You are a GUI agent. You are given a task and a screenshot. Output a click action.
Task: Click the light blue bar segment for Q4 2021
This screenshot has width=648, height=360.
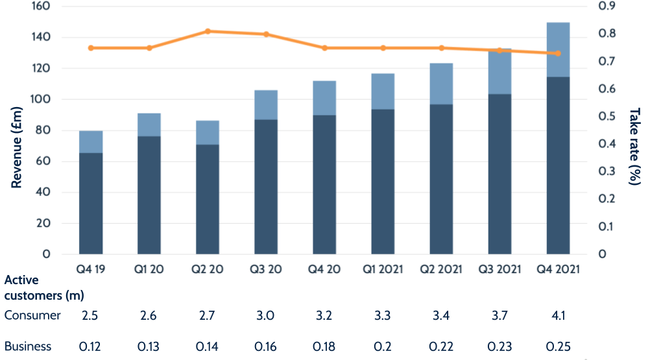[x=558, y=50]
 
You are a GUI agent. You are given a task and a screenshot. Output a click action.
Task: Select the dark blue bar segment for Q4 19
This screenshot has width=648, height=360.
[x=91, y=203]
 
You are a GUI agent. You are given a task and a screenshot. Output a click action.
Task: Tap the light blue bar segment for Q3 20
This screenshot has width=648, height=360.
[x=266, y=105]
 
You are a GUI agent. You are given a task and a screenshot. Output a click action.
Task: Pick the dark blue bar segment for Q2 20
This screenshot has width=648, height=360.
[x=208, y=198]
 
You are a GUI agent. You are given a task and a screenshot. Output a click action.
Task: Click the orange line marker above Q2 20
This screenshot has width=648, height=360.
[x=208, y=31]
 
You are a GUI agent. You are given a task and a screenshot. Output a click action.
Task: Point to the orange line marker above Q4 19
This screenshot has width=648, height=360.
[x=91, y=48]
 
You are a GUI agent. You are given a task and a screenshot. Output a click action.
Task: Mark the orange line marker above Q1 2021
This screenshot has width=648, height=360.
[x=383, y=48]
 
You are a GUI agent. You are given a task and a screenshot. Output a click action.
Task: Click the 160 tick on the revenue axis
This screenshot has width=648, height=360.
[x=42, y=6]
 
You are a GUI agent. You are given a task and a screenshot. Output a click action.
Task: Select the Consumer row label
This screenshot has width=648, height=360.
[x=32, y=316]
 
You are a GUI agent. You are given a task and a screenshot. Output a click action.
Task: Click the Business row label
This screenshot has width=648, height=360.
[x=28, y=346]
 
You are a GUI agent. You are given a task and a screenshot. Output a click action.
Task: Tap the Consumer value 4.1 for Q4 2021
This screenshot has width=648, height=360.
[x=558, y=316]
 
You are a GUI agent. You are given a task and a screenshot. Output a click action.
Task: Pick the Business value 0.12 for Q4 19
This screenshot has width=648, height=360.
[x=91, y=346]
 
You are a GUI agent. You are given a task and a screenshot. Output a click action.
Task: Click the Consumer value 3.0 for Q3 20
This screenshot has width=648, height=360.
[x=266, y=316]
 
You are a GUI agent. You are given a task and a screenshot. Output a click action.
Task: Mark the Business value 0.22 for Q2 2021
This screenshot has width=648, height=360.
[x=441, y=346]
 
